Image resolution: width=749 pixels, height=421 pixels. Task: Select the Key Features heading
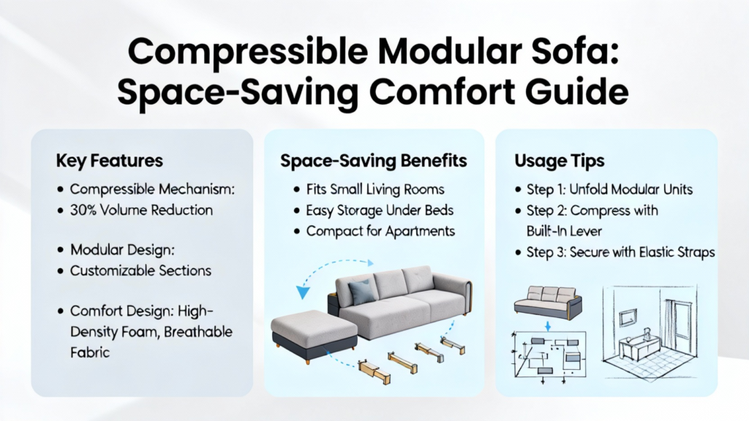(110, 161)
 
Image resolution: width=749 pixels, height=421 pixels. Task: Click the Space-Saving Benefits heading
(374, 161)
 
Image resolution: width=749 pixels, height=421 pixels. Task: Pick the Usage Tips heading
(560, 161)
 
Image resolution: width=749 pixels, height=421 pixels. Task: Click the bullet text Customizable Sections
(140, 270)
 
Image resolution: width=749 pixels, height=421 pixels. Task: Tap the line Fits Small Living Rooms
(375, 189)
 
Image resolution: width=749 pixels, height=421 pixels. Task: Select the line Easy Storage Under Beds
(380, 210)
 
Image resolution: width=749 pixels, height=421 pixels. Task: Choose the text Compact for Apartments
(380, 232)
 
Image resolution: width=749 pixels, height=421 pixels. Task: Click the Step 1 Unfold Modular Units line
(609, 189)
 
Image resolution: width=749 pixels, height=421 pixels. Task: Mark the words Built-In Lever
(564, 231)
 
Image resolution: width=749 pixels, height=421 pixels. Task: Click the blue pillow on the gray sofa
(361, 292)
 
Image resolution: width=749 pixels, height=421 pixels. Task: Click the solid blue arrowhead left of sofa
(302, 291)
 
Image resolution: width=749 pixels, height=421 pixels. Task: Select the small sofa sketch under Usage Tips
(548, 303)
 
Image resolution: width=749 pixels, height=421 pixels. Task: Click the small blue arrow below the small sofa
(548, 326)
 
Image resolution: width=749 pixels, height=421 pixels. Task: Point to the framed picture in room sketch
(628, 317)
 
